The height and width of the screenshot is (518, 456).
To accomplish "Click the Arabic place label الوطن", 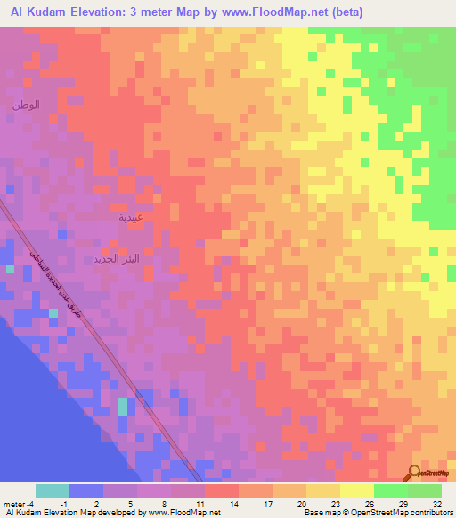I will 26,106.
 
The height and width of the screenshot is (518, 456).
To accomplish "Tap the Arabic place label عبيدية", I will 130,217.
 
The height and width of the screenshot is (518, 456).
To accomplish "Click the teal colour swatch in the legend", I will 53,490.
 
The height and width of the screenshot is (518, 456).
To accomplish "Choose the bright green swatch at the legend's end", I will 424,490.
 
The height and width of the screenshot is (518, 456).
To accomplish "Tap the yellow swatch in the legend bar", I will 356,490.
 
